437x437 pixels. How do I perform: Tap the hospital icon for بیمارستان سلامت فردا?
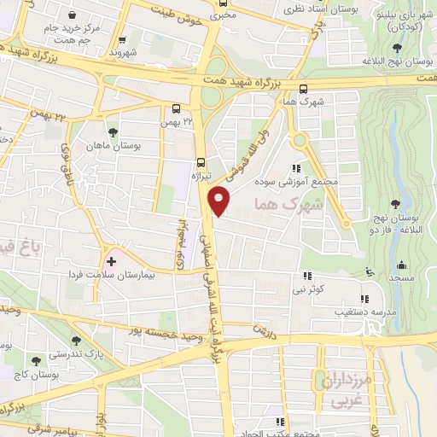point(111,259)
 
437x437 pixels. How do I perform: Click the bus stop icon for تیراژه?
point(201,160)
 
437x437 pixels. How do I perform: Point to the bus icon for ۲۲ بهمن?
point(176,108)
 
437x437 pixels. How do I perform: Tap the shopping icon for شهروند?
point(124,39)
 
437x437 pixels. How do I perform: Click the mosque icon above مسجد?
point(369,271)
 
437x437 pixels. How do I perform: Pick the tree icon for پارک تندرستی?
point(77,340)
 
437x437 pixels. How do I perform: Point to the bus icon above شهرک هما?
point(304,88)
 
